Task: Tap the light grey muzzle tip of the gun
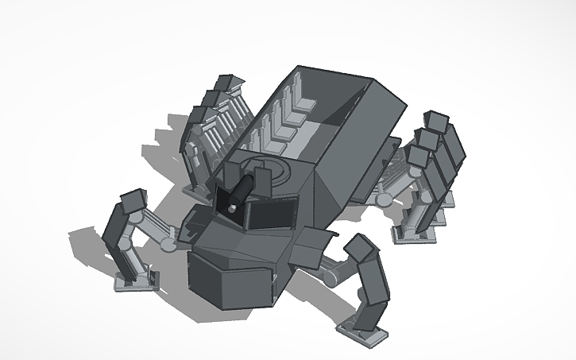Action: [230, 207]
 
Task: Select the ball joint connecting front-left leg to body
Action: [168, 241]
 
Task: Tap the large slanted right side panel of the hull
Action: [350, 159]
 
